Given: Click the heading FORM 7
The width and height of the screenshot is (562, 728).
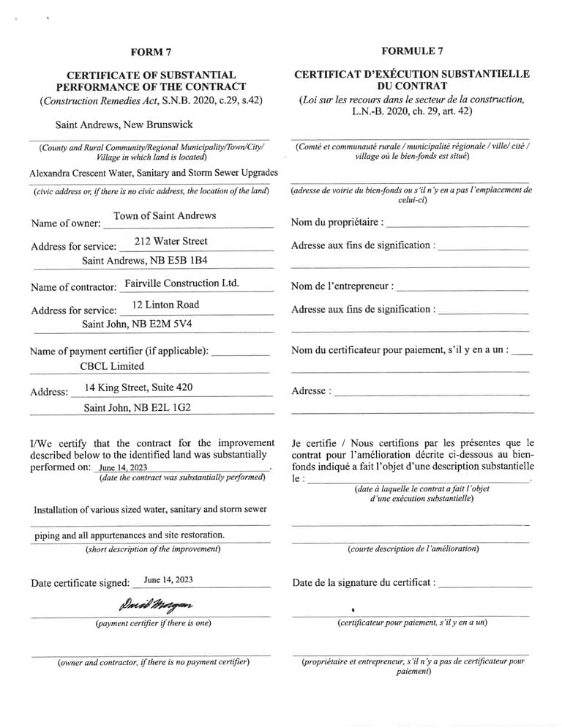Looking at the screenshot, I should tap(151, 52).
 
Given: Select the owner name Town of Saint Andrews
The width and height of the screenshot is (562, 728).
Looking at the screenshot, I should tap(165, 216).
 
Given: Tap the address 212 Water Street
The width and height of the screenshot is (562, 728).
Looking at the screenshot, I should tap(171, 241).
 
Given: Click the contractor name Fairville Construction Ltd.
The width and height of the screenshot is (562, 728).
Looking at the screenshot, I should tap(182, 283).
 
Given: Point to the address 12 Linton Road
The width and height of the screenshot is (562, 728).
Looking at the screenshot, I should tap(165, 305).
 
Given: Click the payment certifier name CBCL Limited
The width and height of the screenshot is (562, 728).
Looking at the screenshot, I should tap(112, 366).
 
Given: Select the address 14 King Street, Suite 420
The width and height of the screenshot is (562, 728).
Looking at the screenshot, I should tap(139, 387).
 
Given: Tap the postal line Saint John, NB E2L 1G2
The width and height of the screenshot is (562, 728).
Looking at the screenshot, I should tap(138, 408).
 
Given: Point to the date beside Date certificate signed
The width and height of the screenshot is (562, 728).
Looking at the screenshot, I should tap(168, 580).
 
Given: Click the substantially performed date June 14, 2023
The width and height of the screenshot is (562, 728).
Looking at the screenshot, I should tap(123, 467).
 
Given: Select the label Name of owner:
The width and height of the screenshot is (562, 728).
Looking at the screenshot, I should tap(64, 223).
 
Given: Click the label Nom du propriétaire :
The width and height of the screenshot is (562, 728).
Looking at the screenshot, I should tap(337, 223).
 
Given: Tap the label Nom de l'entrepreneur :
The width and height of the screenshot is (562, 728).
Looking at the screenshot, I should tap(342, 286).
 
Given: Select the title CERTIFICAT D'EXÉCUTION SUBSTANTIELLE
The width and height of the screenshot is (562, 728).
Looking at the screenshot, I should tap(412, 75).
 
